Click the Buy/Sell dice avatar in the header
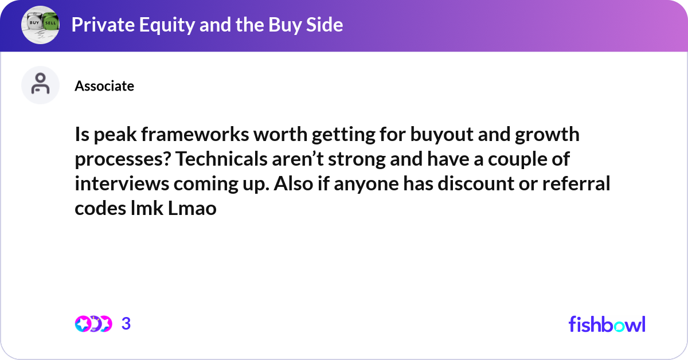tap(40, 25)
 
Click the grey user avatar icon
tap(40, 85)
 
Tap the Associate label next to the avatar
tap(104, 86)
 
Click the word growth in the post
tap(550, 135)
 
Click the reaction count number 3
tap(126, 324)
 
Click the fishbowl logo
tap(607, 324)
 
